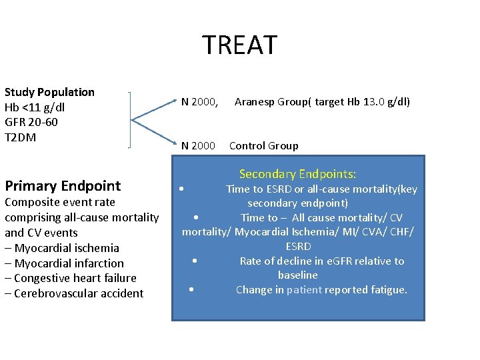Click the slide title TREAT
click(239, 45)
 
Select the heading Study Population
click(49, 92)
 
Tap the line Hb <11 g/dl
click(35, 107)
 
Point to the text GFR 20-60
click(31, 122)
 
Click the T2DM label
click(20, 137)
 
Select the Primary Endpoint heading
click(63, 186)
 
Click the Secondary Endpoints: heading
click(297, 174)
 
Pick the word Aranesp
click(255, 102)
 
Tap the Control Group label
click(263, 145)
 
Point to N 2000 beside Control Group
click(198, 145)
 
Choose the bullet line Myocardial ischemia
click(62, 248)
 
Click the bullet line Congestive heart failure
click(70, 278)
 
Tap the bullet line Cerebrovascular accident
click(74, 293)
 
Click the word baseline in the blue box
click(298, 275)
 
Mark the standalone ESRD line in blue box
click(298, 246)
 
